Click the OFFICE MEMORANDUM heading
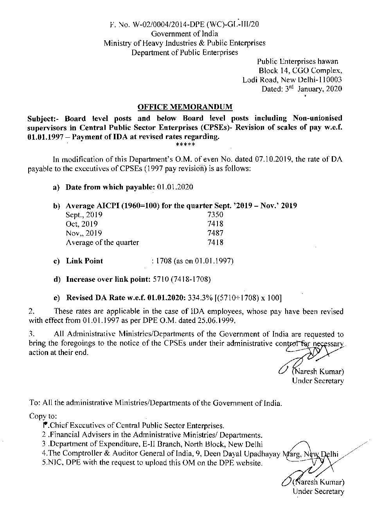[x=185, y=107]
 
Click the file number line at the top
[x=185, y=24]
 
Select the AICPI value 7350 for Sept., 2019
[x=216, y=215]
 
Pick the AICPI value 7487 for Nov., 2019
[x=216, y=233]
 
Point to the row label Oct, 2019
[x=82, y=224]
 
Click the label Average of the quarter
[x=102, y=243]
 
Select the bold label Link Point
[x=85, y=261]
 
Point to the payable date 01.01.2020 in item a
[x=175, y=187]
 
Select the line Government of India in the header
[x=185, y=34]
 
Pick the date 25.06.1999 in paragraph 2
[x=216, y=321]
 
